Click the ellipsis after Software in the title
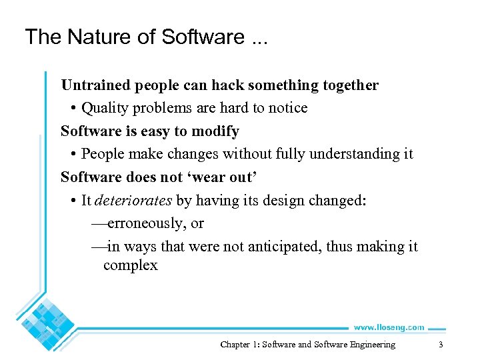click(x=255, y=37)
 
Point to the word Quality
click(x=105, y=108)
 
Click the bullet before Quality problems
click(x=72, y=109)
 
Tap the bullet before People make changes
click(x=72, y=154)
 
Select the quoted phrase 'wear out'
click(x=224, y=177)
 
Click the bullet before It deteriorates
click(x=72, y=200)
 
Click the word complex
click(x=131, y=265)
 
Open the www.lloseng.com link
click(x=389, y=327)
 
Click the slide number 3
click(x=440, y=345)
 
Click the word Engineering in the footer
click(x=371, y=345)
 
